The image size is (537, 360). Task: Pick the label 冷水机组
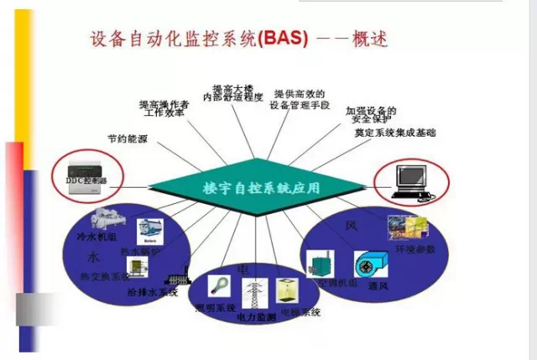pos(94,237)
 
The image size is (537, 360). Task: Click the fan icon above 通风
pos(370,264)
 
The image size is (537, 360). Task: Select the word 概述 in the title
pos(367,39)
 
